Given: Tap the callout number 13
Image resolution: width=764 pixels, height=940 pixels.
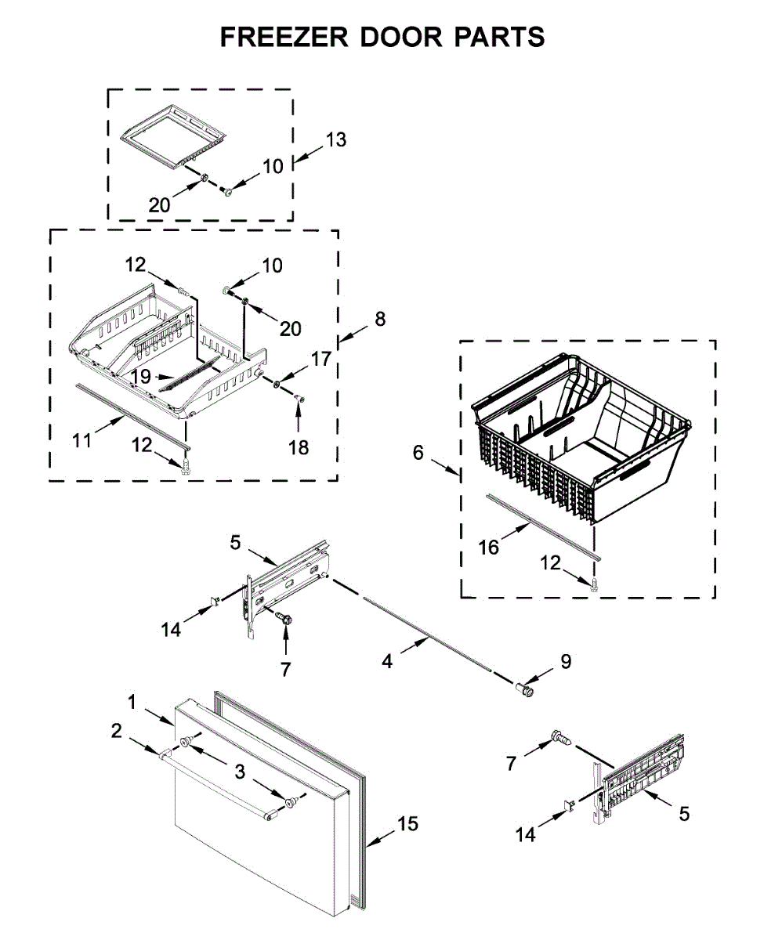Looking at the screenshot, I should point(336,140).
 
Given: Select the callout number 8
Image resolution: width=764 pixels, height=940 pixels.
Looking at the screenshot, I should point(380,319).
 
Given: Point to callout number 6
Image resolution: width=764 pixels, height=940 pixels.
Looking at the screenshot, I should point(418,452).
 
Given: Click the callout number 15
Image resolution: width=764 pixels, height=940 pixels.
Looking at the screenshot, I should point(407,823).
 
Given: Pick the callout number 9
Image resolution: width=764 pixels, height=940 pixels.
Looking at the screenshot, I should point(566,661).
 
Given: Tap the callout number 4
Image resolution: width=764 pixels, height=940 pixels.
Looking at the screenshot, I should point(386,662).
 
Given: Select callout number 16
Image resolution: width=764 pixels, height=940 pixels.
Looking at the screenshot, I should point(489,547).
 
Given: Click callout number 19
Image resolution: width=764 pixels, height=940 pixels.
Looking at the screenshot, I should point(141,376).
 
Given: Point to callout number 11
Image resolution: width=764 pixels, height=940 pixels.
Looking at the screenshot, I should point(81,440).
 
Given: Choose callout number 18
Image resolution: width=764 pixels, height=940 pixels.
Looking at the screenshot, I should point(299,447).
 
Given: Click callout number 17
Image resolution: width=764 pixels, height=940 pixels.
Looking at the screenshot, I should point(321,360).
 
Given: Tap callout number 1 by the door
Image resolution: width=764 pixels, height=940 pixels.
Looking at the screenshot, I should point(132,701).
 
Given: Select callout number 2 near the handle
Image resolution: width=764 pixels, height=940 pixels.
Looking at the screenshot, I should point(117,731).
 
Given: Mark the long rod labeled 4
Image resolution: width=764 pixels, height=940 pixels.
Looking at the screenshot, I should point(427,634).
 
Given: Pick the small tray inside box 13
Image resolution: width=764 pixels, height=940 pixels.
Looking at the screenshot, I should point(174,138).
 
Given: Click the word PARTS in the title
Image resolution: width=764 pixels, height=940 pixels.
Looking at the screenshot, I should point(493,37).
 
